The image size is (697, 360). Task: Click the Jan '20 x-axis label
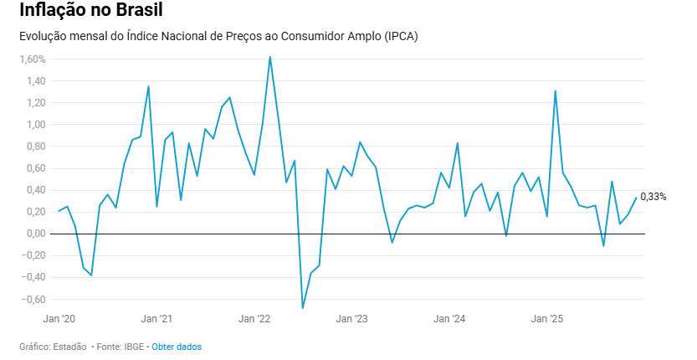click(x=59, y=319)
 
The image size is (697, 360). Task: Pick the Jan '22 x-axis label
click(x=254, y=319)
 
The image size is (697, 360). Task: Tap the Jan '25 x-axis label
click(x=547, y=319)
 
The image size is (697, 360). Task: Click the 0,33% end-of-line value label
click(x=653, y=197)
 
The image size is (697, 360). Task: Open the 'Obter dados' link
click(x=177, y=347)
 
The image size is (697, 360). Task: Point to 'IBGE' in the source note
click(x=133, y=347)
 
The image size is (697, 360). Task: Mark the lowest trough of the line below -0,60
click(x=303, y=308)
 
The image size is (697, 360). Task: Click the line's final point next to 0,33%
click(x=636, y=198)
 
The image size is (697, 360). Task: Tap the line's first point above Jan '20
click(x=59, y=211)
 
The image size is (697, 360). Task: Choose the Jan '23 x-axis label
click(x=352, y=319)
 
